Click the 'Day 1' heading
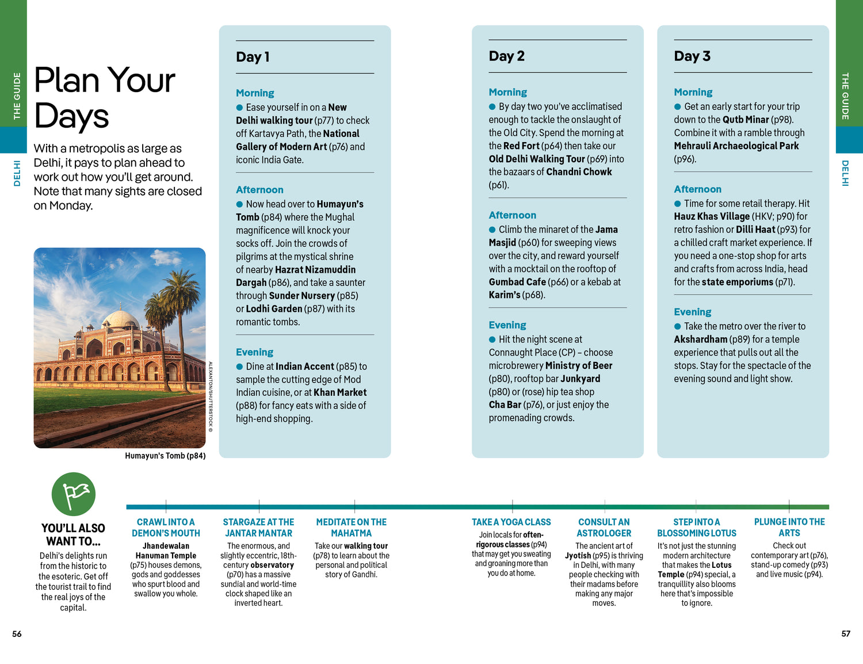(x=253, y=57)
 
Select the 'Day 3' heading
(x=692, y=56)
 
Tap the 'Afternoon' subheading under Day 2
(x=512, y=215)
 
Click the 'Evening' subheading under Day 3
(x=692, y=312)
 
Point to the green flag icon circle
(x=74, y=494)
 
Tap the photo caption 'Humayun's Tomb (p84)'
(x=165, y=456)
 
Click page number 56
(x=17, y=634)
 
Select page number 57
(x=845, y=634)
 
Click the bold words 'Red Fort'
(x=522, y=146)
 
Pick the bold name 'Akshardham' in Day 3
(x=700, y=339)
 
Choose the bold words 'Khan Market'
(x=340, y=392)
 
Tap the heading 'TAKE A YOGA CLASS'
(x=511, y=522)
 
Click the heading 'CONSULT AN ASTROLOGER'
(x=604, y=528)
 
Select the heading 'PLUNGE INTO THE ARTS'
(x=789, y=527)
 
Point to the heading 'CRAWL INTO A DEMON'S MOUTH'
(x=166, y=528)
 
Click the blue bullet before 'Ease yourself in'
(x=239, y=108)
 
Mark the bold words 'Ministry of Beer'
(x=578, y=365)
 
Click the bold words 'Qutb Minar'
(x=746, y=120)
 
